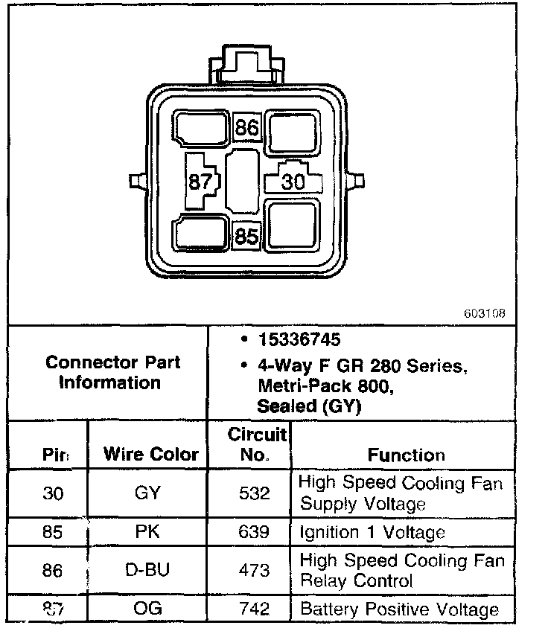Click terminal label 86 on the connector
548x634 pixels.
pos(246,128)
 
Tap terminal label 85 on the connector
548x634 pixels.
pos(246,237)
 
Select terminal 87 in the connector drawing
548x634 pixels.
pos(200,181)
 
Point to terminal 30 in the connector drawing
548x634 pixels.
pos(294,180)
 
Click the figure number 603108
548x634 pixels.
pos(484,314)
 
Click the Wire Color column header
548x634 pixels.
pos(151,454)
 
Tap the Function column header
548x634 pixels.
pos(406,455)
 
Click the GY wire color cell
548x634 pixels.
pos(148,493)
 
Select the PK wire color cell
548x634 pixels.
pos(148,532)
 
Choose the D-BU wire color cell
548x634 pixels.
pos(148,570)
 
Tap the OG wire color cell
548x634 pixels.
pos(148,609)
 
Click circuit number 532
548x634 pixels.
pos(255,493)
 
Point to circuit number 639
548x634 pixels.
pos(255,532)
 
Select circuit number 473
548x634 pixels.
pos(255,570)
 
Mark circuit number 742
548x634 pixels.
pos(255,609)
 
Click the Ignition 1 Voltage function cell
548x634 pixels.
pos(372,532)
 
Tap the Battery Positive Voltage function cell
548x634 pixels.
pos(399,609)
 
